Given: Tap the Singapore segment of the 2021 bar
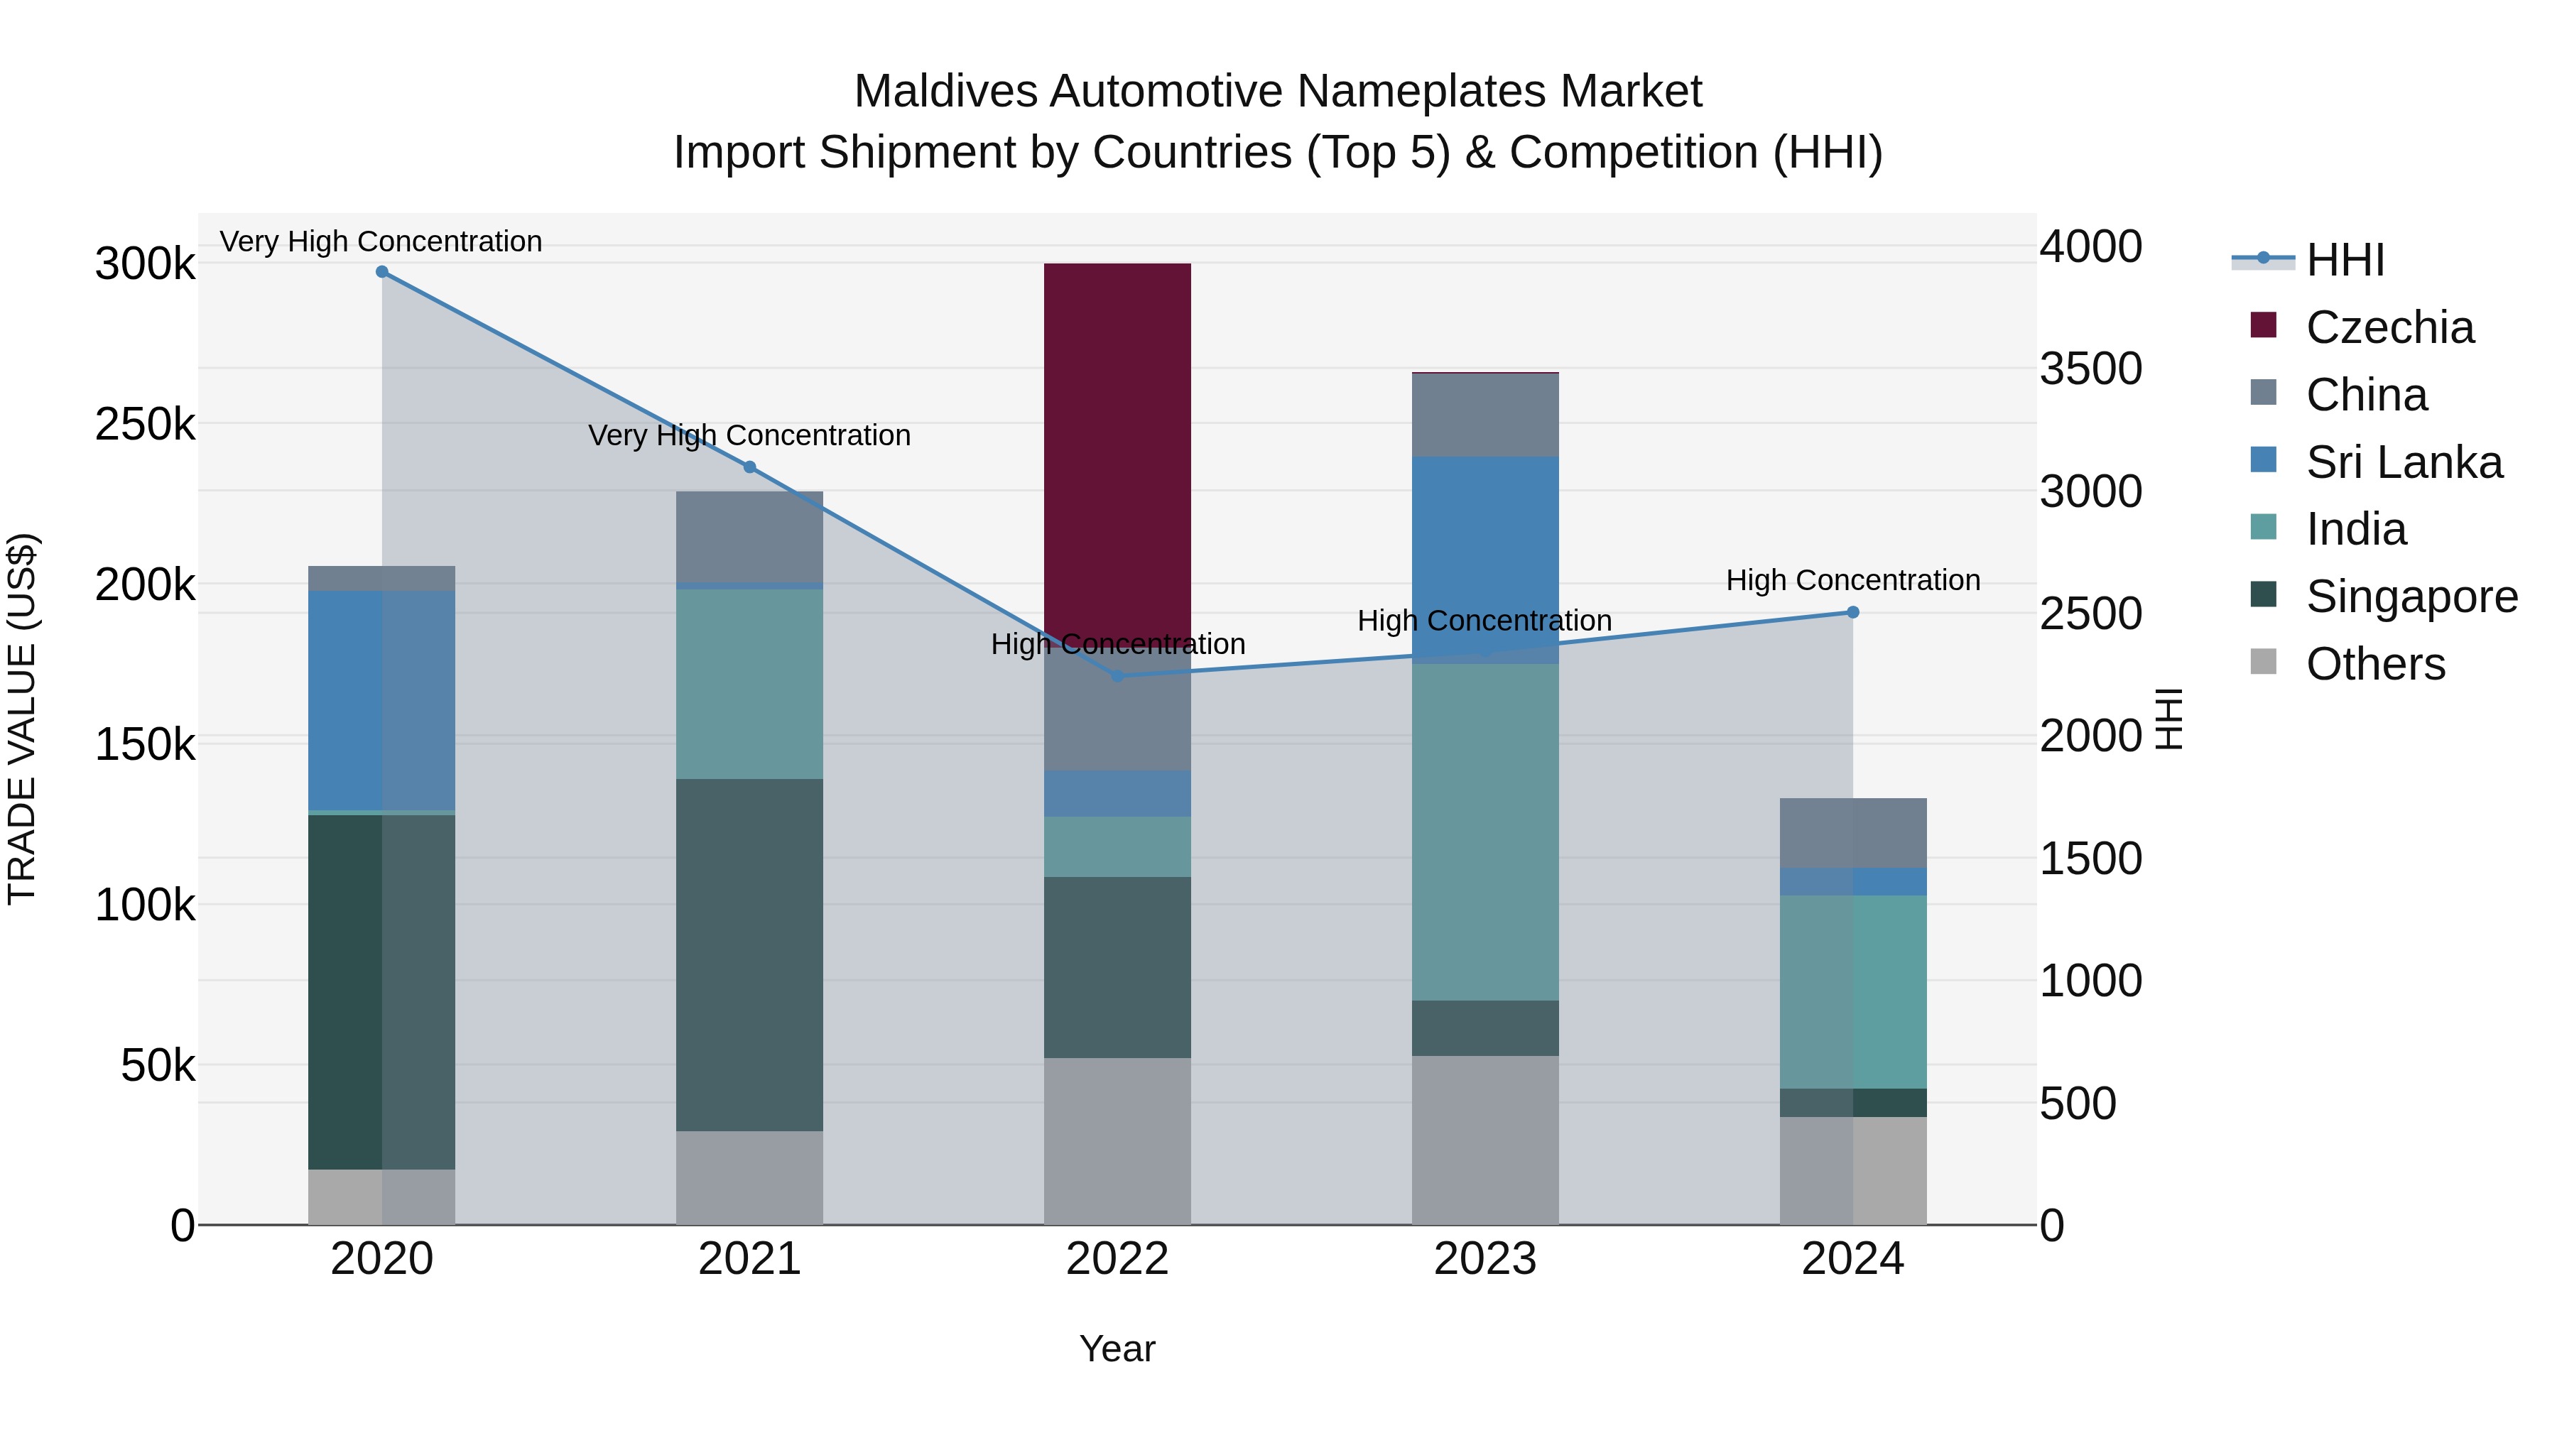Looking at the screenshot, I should (749, 954).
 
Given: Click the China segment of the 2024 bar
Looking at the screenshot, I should (1852, 833).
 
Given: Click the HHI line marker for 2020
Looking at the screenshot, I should (382, 272).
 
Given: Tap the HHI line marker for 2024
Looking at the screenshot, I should (1852, 612).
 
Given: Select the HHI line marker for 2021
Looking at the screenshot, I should (749, 467).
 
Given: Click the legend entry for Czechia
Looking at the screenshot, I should (2389, 327).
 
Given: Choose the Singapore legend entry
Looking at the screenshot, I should (2411, 597).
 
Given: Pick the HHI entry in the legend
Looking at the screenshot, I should (2345, 260).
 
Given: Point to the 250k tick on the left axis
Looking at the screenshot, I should (145, 425).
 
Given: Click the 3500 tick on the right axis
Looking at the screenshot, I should (2090, 369).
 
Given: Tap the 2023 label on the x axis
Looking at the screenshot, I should (1485, 1259).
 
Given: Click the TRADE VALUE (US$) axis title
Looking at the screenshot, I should (22, 719).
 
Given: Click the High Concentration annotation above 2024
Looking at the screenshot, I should (1852, 581).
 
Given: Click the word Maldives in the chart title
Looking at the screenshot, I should (946, 92).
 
